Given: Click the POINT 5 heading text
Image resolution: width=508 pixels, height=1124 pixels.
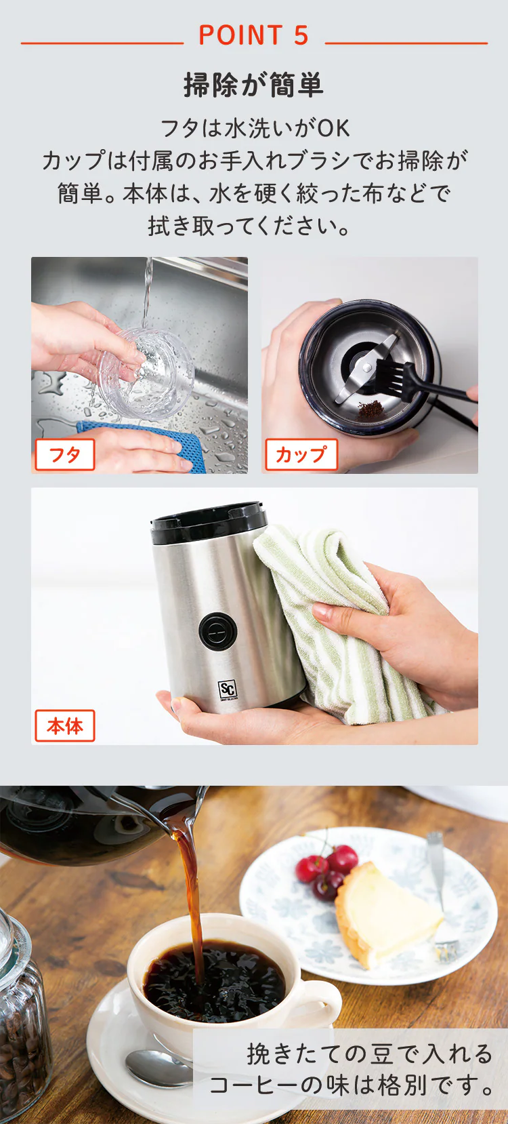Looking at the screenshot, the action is click(253, 35).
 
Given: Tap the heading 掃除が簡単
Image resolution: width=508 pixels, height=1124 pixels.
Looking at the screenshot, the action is click(253, 85).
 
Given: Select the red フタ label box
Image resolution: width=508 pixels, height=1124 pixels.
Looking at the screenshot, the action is click(65, 455).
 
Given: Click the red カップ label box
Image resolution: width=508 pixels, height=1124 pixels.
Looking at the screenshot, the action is click(301, 455).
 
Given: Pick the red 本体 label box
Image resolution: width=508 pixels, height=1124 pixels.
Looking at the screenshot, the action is click(65, 725).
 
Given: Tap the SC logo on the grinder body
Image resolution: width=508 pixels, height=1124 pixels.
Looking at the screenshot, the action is click(228, 689).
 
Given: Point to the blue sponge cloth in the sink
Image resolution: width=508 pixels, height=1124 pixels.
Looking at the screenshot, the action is click(146, 444).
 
